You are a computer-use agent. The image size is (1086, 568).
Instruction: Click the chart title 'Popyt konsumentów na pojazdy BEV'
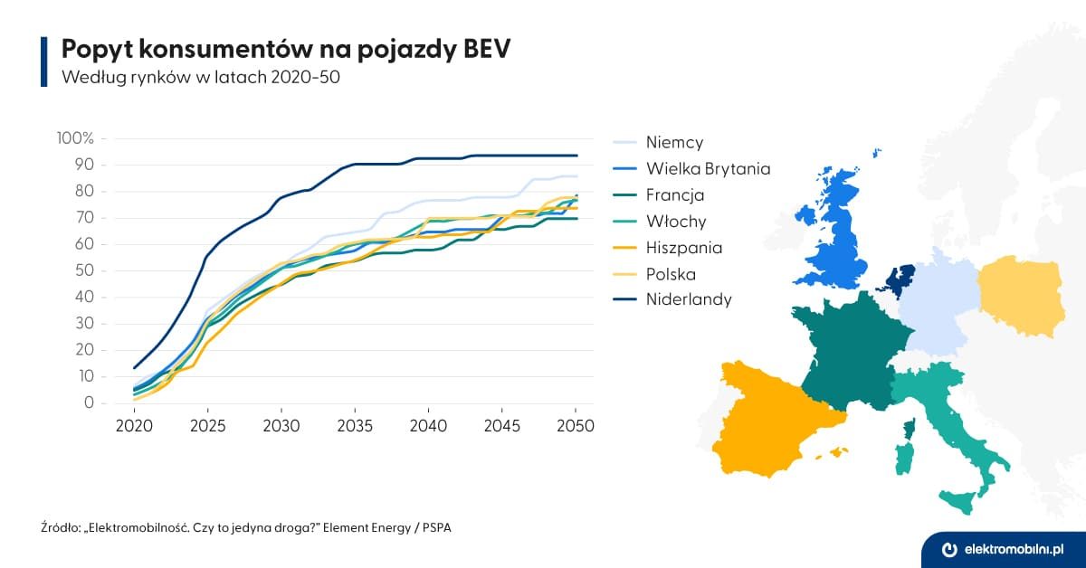click(x=285, y=50)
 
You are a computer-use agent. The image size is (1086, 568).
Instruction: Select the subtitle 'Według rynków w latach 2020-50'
click(x=200, y=77)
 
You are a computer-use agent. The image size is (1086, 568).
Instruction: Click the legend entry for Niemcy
click(x=674, y=142)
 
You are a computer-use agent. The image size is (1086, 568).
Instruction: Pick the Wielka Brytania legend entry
click(x=708, y=168)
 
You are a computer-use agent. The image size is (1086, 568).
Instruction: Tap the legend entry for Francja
click(x=675, y=194)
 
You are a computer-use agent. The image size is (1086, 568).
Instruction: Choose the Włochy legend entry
click(x=675, y=221)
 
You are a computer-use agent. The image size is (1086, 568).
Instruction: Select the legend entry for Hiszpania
click(x=684, y=247)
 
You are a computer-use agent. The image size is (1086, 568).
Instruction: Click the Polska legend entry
click(x=671, y=273)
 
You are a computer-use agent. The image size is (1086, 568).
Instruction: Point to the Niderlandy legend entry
click(x=689, y=299)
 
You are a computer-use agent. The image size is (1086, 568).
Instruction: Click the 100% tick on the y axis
click(x=74, y=138)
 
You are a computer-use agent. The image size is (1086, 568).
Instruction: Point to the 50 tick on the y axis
click(x=83, y=270)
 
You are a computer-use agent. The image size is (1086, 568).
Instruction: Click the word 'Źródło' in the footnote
click(x=59, y=526)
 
